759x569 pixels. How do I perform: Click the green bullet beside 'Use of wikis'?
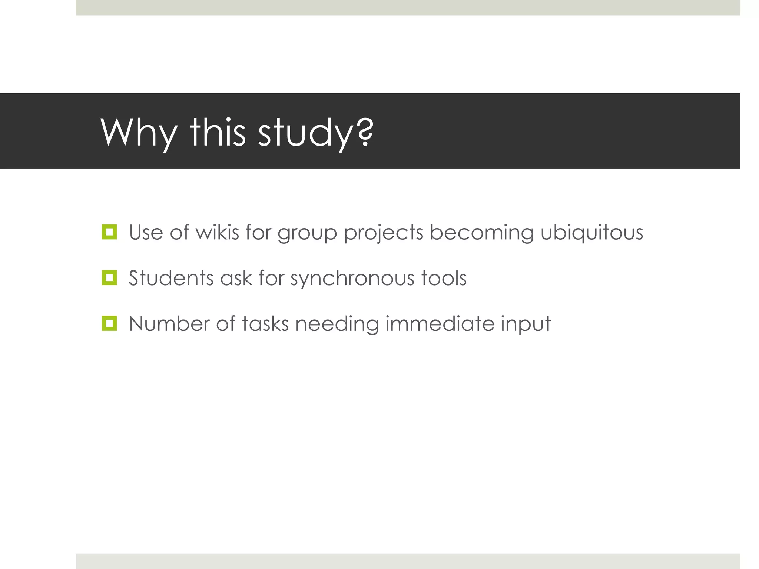coord(109,232)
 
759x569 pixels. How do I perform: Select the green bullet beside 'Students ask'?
coord(109,278)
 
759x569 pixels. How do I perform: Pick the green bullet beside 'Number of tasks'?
coord(109,323)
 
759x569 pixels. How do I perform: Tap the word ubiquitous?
coord(591,232)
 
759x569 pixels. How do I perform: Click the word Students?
coord(171,278)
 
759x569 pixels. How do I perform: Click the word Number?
coord(169,323)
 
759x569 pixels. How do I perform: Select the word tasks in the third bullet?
coord(265,323)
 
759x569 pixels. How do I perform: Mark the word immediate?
coord(440,323)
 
